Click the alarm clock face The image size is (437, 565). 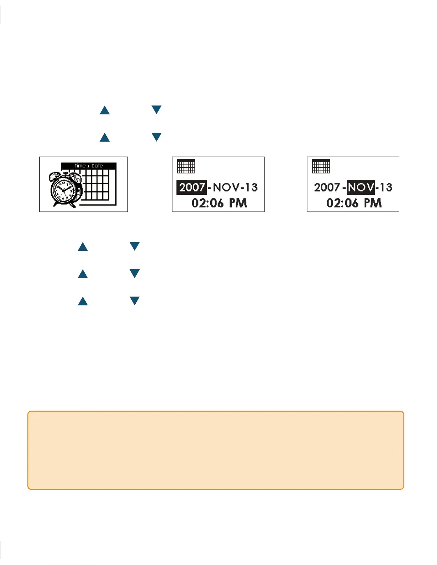point(64,190)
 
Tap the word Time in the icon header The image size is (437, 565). point(80,166)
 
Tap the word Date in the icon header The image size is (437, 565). point(97,166)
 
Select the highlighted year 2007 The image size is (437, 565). point(192,187)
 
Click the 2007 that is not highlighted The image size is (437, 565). point(327,187)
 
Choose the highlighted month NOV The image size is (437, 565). point(361,187)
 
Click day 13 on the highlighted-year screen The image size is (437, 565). point(251,187)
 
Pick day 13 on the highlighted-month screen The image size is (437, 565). point(386,187)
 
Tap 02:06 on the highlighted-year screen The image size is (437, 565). point(207,203)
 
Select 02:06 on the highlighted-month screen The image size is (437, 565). point(342,203)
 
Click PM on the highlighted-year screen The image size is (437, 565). point(238,203)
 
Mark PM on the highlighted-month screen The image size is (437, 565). point(373,203)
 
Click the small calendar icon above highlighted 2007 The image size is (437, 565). point(186,166)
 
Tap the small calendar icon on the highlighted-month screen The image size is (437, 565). point(321,166)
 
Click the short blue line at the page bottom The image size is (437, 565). point(71,562)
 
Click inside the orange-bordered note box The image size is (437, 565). point(216,450)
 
